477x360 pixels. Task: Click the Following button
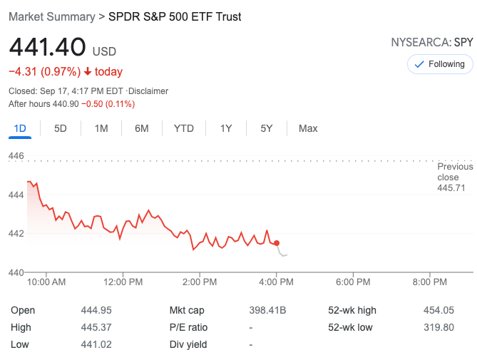(440, 64)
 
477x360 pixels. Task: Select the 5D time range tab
(61, 128)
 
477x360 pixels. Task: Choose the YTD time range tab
(183, 128)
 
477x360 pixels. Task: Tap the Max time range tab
(308, 128)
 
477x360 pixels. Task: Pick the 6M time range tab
(142, 128)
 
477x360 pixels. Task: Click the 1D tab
(20, 128)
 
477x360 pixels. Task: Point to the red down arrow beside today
(88, 71)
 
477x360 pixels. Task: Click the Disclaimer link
(148, 91)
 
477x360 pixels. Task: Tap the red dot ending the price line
(277, 243)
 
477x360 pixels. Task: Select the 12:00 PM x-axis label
(123, 282)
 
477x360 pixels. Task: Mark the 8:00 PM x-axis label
(430, 282)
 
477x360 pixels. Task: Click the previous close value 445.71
(455, 187)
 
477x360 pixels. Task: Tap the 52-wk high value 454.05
(438, 310)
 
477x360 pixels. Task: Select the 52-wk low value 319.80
(438, 327)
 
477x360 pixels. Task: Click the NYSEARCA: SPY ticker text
(431, 42)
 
